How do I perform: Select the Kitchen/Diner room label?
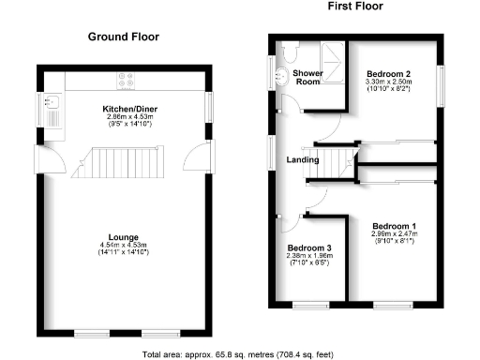pyautogui.click(x=129, y=109)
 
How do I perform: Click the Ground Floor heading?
pyautogui.click(x=123, y=37)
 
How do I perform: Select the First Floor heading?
pyautogui.click(x=354, y=7)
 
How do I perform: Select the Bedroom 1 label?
pyautogui.click(x=394, y=226)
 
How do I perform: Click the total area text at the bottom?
pyautogui.click(x=239, y=354)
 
